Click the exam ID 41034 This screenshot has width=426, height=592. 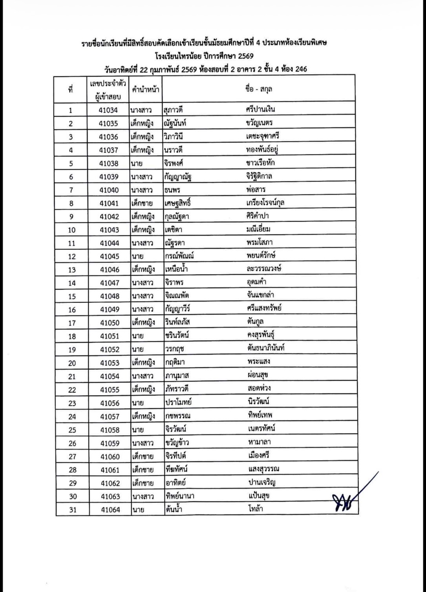(x=108, y=110)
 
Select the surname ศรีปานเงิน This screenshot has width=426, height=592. (x=259, y=109)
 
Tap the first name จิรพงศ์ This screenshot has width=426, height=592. (x=174, y=163)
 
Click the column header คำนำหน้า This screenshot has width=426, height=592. (x=146, y=89)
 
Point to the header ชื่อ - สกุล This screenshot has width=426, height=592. (x=258, y=89)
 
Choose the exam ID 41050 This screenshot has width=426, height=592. (x=109, y=323)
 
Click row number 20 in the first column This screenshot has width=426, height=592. (x=72, y=363)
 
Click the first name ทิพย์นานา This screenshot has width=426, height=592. (x=180, y=496)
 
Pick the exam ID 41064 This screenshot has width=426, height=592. (x=110, y=510)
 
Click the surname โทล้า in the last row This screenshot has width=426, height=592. (x=255, y=509)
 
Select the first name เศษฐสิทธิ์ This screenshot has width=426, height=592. (x=178, y=203)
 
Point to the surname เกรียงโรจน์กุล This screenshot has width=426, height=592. (x=265, y=203)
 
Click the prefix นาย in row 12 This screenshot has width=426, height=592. (x=137, y=257)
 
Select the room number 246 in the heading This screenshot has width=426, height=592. (x=301, y=70)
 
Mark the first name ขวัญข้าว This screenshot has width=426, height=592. (x=177, y=443)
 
